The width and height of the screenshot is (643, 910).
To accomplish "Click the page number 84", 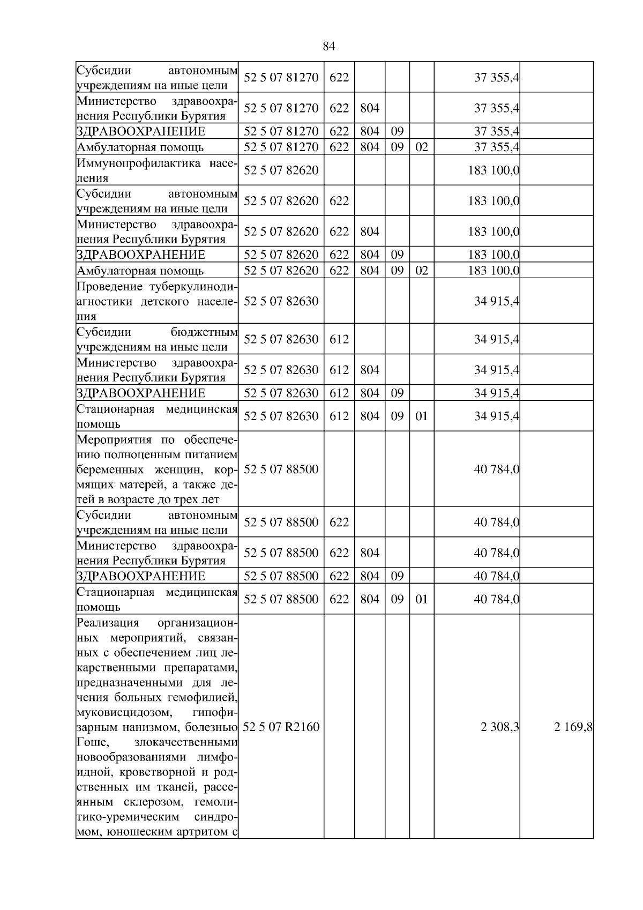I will tap(329, 47).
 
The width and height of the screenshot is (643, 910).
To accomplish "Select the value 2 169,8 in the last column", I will tap(573, 727).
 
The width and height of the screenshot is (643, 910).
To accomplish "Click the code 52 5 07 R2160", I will tap(281, 727).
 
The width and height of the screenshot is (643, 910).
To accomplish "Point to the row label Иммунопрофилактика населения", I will tap(156, 170).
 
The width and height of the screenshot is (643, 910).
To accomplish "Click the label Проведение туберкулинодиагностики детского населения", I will tap(156, 301).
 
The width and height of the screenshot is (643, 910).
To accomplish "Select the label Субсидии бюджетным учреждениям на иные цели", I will tap(156, 339).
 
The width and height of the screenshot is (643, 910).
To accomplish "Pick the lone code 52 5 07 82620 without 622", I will tap(281, 170).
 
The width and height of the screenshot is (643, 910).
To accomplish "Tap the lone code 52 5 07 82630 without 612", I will tap(281, 301).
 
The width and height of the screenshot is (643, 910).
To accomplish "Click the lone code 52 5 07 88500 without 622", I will tap(281, 469).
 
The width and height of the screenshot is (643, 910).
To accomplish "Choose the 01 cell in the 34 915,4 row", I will tap(422, 416).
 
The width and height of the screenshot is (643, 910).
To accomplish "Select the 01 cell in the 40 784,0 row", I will tap(422, 599).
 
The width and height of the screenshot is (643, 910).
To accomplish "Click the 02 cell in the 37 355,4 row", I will tap(422, 147).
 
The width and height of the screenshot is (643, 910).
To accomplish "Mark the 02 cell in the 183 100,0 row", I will tap(422, 270).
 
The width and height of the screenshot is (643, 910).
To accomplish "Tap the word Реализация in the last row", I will tap(108, 623).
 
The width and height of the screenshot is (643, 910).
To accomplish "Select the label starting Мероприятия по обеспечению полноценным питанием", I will tap(156, 469).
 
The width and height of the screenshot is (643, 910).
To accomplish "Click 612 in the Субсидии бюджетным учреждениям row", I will tap(339, 339).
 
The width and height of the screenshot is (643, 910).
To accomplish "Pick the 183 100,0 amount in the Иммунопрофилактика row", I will tap(493, 170).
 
